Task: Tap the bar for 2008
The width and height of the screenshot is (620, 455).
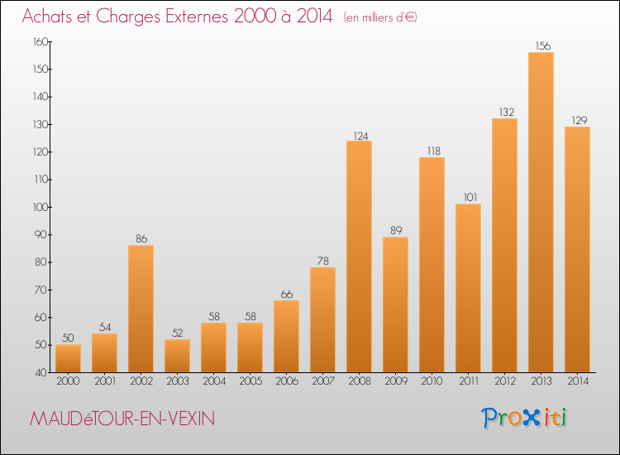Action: [x=359, y=256]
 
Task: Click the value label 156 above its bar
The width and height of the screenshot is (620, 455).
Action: [x=541, y=46]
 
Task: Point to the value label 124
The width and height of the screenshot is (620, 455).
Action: [x=359, y=135]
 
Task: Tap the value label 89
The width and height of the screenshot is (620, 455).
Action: [x=395, y=231]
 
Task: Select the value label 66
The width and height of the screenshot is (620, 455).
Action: [x=286, y=295]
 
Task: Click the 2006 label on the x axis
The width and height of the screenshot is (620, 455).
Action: [x=286, y=381]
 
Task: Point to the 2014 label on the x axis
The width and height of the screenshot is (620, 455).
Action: [x=577, y=381]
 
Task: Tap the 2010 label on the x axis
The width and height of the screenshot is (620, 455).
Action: [x=432, y=381]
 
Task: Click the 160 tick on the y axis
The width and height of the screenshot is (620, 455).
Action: [x=39, y=41]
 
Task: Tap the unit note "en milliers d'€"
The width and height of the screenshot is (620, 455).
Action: [x=380, y=17]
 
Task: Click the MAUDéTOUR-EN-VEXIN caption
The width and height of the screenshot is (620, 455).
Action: [x=122, y=419]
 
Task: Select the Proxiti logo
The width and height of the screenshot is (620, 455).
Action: [x=525, y=418]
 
